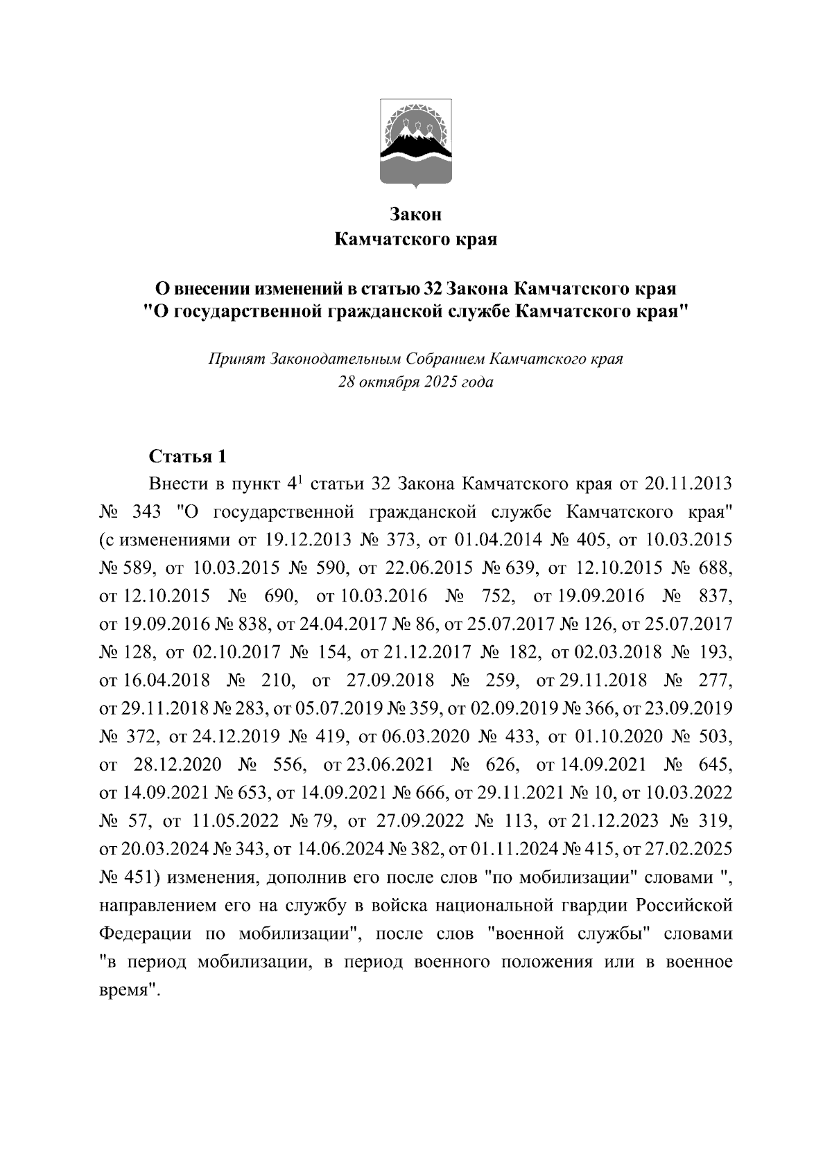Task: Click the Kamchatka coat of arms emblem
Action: coord(415,143)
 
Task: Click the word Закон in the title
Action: coord(415,215)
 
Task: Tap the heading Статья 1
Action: coord(188,457)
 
